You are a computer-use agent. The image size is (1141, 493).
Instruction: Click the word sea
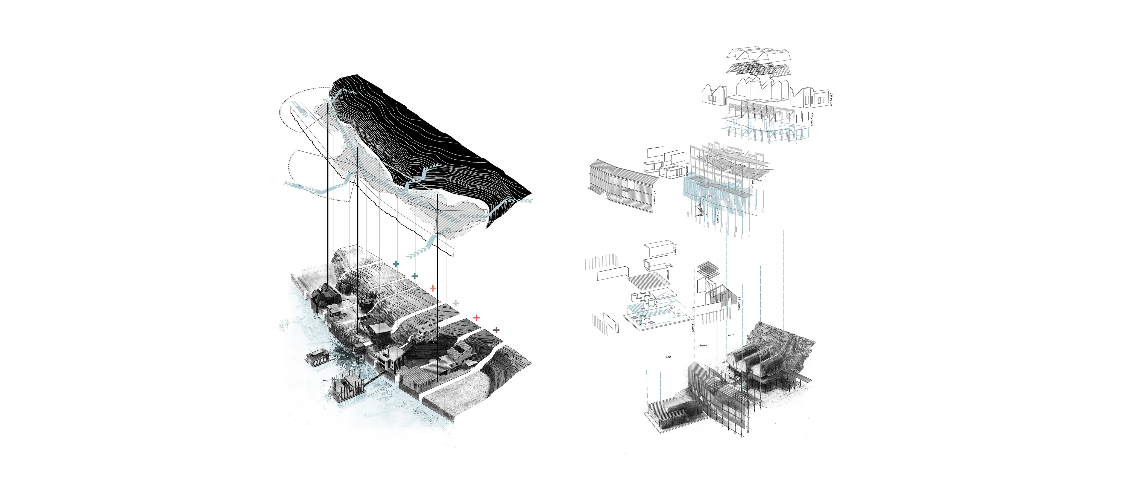coord(668,356)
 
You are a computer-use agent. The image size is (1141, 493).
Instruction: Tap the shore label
coord(702,345)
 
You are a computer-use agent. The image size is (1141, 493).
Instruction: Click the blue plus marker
coord(396,264)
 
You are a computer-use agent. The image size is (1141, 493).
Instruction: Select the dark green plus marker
coord(415,276)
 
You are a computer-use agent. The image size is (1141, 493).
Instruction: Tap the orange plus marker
coord(433,288)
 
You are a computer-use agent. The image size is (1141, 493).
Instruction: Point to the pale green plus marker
coord(456,303)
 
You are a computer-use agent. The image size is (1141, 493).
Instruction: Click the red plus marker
coord(477,317)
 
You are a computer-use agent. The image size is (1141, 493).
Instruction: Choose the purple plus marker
coord(497,330)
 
